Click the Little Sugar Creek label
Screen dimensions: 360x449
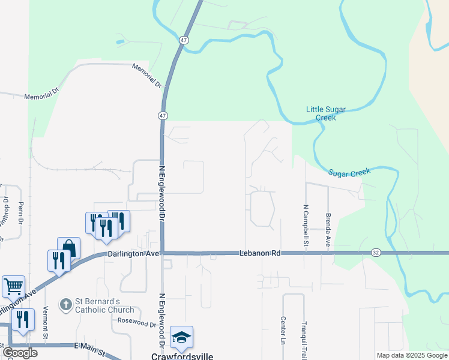coord(330,113)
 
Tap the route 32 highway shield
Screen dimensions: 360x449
coord(375,253)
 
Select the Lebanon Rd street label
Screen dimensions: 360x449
coord(260,253)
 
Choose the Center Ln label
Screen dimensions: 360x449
coord(282,330)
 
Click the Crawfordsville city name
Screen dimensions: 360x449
coord(182,356)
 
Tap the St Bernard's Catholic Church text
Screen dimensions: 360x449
coord(104,305)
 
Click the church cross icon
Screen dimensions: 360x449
coord(65,305)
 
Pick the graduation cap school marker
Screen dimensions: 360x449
coord(181,337)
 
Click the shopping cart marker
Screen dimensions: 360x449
coord(13,286)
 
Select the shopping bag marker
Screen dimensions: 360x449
coord(68,247)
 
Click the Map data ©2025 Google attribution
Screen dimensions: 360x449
coord(412,355)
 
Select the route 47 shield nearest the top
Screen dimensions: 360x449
coord(184,40)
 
